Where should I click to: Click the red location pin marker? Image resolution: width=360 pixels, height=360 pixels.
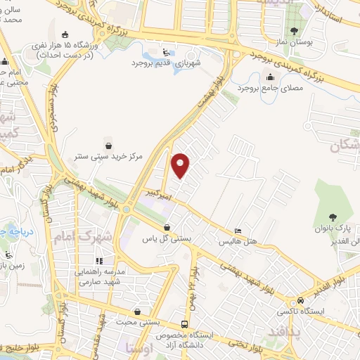pos(181,166)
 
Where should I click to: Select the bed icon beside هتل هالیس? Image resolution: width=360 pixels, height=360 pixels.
pos(238,231)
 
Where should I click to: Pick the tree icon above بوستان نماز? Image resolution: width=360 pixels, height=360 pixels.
pos(294,32)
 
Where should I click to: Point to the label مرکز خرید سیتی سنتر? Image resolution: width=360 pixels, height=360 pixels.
pos(106,154)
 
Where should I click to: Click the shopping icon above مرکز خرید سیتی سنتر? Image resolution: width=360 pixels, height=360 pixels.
pos(106,141)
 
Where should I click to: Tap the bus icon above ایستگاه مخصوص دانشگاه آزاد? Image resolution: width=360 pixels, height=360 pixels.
pos(184,324)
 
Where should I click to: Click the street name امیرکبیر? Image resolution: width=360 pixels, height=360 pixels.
pos(156,191)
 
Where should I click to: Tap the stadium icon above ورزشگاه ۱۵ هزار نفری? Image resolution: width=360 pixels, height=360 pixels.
pos(66,34)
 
